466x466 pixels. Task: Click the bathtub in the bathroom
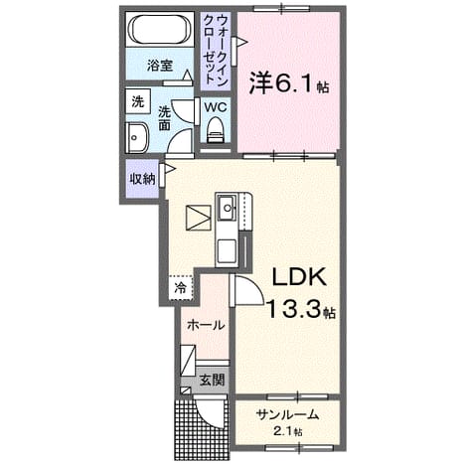(160, 29)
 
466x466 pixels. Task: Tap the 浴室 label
(160, 66)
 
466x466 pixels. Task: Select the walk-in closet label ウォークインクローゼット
(216, 49)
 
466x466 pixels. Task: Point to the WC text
(216, 107)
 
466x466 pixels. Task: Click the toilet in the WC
(216, 129)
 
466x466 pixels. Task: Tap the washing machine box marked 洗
(138, 101)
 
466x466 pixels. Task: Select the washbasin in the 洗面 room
(137, 138)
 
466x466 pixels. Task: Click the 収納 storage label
(142, 179)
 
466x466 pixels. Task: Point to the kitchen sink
(227, 208)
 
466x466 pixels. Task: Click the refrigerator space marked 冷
(181, 288)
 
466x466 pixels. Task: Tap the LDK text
(299, 277)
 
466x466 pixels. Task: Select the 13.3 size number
(293, 309)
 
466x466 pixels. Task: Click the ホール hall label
(206, 325)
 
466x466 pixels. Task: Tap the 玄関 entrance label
(212, 380)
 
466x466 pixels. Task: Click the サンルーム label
(287, 414)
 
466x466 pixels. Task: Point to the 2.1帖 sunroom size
(287, 431)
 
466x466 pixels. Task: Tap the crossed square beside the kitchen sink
(199, 218)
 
